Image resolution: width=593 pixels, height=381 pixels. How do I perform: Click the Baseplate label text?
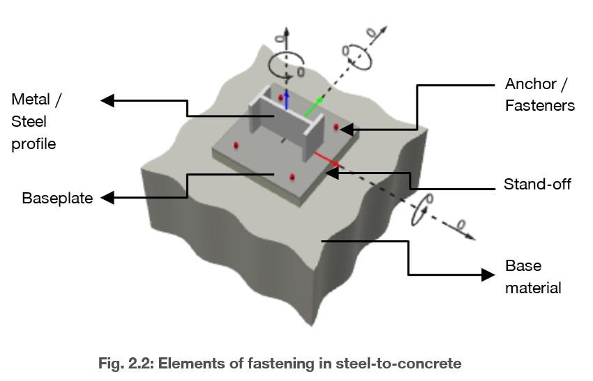[x=57, y=198]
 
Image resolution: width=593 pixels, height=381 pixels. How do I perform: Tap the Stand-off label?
[x=537, y=185]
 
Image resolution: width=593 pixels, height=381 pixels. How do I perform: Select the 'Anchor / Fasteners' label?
[x=539, y=95]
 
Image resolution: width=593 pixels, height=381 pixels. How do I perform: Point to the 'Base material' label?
[x=533, y=277]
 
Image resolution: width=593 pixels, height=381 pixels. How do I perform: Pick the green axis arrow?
[x=314, y=107]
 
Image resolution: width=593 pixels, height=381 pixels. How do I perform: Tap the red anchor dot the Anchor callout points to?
[x=336, y=127]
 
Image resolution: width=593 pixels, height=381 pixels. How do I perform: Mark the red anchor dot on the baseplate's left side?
[x=237, y=146]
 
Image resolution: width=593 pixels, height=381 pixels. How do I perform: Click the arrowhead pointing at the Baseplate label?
[x=107, y=198]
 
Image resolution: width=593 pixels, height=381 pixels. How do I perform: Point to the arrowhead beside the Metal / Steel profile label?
[x=107, y=101]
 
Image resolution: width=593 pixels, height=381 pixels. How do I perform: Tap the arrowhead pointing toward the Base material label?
[x=488, y=274]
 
